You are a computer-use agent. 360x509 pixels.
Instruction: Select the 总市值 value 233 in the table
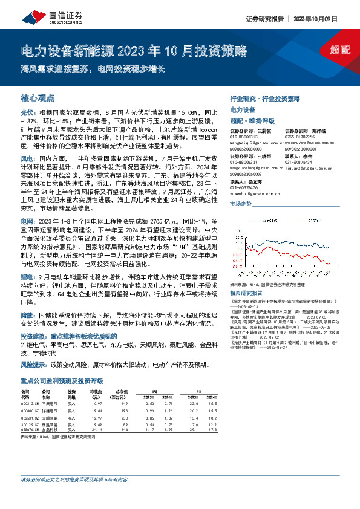(124, 417)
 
